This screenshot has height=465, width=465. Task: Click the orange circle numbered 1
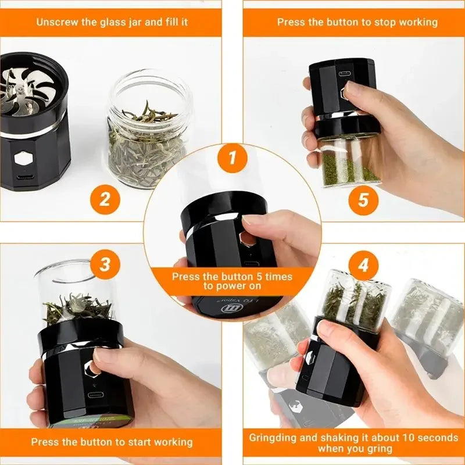pyautogui.click(x=233, y=159)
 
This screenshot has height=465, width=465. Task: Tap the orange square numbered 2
pyautogui.click(x=105, y=199)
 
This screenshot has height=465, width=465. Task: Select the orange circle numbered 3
pyautogui.click(x=105, y=265)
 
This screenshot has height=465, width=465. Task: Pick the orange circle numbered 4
pyautogui.click(x=363, y=266)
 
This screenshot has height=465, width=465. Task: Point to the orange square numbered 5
pyautogui.click(x=363, y=199)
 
